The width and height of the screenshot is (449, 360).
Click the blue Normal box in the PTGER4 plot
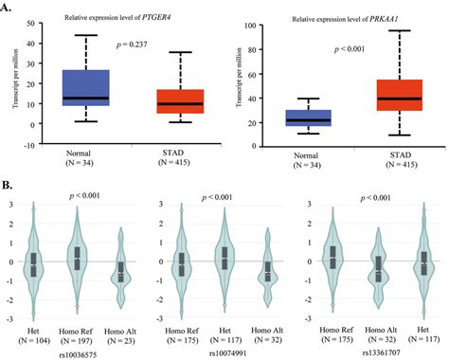84,86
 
